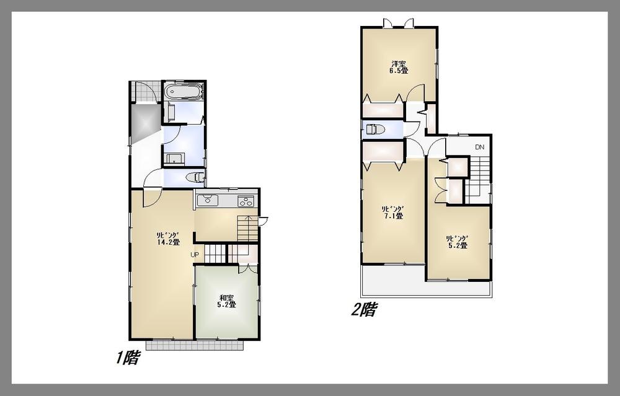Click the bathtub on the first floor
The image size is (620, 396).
(x=184, y=92)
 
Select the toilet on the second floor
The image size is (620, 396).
(x=374, y=130)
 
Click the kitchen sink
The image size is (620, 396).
(x=206, y=201)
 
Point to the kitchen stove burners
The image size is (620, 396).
(x=246, y=201)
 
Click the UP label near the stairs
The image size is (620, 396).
(x=195, y=255)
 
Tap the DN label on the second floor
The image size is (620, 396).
(x=479, y=147)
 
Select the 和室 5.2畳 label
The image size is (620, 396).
(x=226, y=301)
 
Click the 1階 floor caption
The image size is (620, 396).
(x=126, y=358)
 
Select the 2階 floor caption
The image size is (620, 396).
(x=364, y=309)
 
